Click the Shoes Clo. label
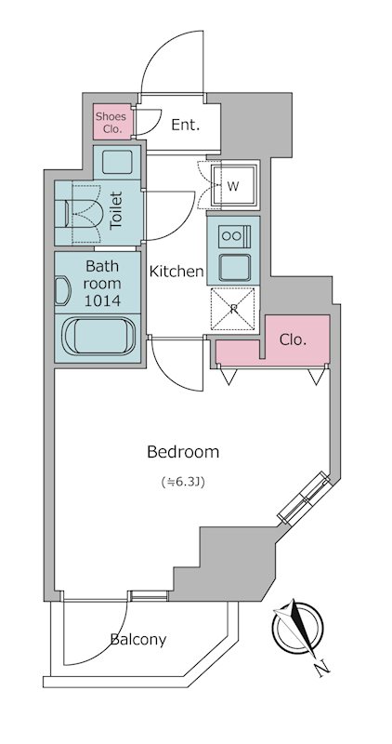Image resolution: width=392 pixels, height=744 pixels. coord(111,122)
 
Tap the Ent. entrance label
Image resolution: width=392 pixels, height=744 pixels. coord(186,126)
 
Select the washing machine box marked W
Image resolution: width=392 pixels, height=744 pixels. coord(235,185)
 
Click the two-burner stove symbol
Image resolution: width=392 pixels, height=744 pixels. coord(234,236)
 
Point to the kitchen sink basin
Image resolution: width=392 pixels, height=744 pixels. coord(234,268)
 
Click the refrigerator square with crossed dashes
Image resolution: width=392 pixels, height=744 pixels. coord(233,309)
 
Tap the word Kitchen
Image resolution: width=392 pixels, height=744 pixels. coord(176,272)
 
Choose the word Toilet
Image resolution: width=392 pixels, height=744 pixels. coord(116,211)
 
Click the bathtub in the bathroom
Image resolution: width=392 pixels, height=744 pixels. coord(98,336)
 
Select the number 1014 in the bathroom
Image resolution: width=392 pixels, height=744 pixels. coord(102,300)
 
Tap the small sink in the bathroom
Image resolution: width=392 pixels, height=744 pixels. coord(62,291)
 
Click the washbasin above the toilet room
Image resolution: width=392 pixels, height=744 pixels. coord(117,162)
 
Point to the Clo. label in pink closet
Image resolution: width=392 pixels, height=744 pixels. coord(293,339)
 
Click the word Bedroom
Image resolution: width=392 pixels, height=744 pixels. coord(183,452)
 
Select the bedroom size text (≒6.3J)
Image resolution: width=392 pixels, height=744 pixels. coord(183,483)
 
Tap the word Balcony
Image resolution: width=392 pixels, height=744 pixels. coord(137,640)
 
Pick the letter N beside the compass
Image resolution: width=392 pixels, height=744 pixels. coord(322,668)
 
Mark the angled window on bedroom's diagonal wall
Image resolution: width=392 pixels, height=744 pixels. coord(304,498)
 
